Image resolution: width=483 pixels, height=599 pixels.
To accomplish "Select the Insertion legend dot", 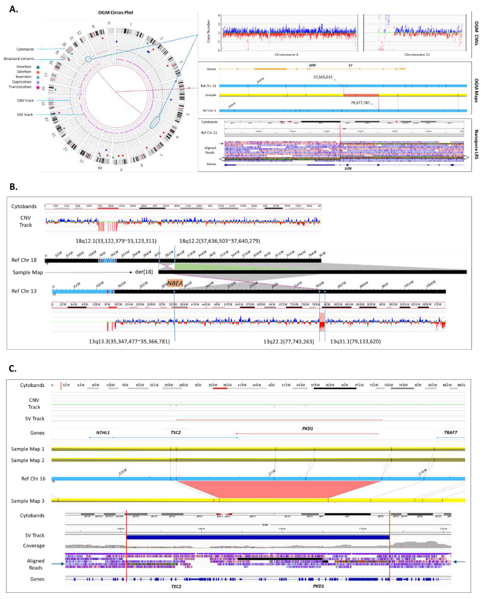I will point(38,67).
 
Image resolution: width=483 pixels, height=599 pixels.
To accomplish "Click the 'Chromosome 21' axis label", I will point(417,55).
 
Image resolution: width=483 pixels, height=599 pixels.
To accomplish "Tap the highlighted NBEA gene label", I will point(175,284).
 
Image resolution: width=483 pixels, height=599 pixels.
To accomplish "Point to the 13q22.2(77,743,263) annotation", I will point(289,341).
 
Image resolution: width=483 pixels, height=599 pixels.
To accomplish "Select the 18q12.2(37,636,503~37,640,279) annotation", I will point(219,241).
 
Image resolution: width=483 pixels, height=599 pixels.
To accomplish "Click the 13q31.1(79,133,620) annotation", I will point(355,341).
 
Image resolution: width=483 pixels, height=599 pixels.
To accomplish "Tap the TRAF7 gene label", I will point(450,432).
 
